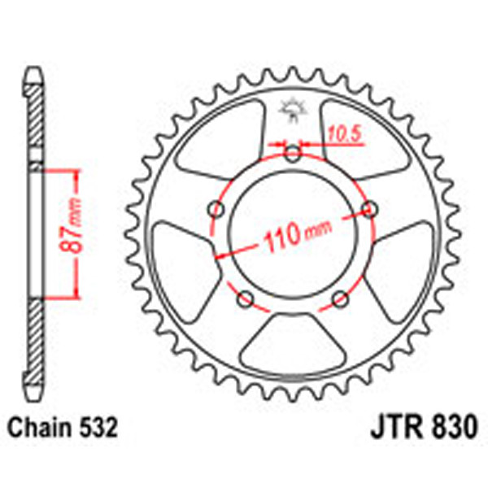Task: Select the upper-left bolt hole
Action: tap(216, 209)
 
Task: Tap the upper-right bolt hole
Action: tap(370, 209)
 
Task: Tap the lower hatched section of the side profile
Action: tap(34, 342)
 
